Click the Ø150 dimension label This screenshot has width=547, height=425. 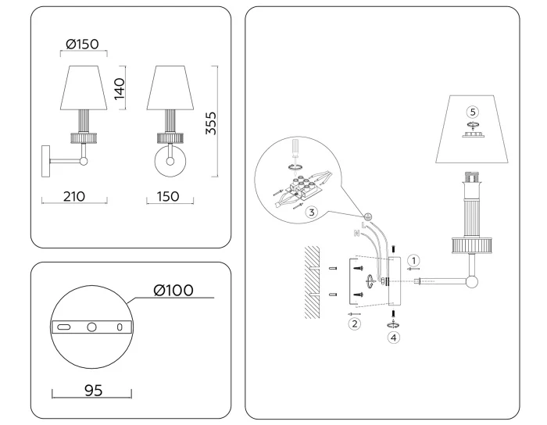pos(83,44)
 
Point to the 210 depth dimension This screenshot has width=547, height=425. pos(75,196)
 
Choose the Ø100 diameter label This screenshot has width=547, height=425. pos(173,291)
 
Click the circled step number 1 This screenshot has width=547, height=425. pos(415,259)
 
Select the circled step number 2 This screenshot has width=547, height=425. pos(354,323)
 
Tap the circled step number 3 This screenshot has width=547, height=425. pos(311,212)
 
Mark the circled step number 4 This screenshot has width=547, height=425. pos(394,337)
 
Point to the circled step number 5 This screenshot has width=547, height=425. pos(471,111)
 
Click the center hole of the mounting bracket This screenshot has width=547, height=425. pos(91,327)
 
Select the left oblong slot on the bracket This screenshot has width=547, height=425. pos(65,327)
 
